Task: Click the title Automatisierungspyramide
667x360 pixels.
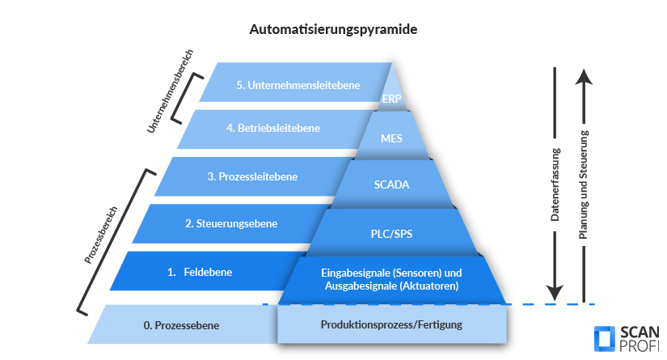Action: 333,29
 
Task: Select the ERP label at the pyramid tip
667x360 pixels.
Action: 391,100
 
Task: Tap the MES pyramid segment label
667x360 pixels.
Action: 391,138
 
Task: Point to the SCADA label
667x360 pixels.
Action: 391,184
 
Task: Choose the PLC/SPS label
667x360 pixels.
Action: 391,233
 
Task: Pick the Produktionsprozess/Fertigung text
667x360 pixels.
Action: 391,325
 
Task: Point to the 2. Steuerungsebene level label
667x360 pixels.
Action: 221,223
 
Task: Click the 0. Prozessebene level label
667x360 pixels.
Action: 181,325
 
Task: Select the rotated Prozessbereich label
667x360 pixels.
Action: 101,235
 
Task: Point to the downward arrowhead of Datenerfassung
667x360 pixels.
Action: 554,293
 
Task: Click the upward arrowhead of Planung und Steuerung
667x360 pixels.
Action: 587,77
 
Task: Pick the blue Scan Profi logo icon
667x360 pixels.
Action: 603,341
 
